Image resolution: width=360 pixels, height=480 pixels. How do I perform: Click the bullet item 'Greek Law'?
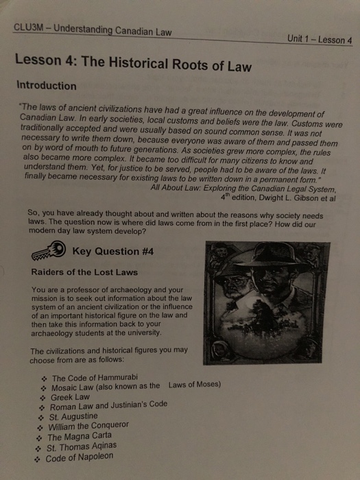pos(71,396)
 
